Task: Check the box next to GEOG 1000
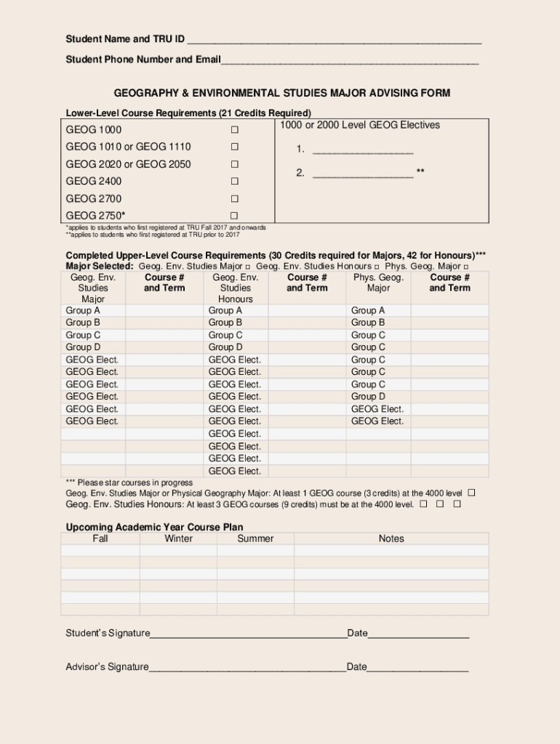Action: pyautogui.click(x=234, y=130)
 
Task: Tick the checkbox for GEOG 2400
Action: pyautogui.click(x=234, y=182)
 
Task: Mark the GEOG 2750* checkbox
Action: pyautogui.click(x=234, y=216)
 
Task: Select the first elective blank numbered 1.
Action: pyautogui.click(x=362, y=151)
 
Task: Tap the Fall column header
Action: pyautogui.click(x=100, y=538)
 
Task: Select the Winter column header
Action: pyautogui.click(x=179, y=538)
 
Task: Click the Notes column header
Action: pyautogui.click(x=391, y=538)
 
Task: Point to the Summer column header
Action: pyautogui.click(x=255, y=538)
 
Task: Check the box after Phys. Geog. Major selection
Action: pyautogui.click(x=466, y=267)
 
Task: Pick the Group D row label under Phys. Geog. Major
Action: pyautogui.click(x=368, y=397)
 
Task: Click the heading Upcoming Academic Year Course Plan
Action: pyautogui.click(x=154, y=527)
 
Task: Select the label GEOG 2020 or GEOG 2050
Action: pyautogui.click(x=128, y=164)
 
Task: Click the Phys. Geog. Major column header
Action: pyautogui.click(x=378, y=283)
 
